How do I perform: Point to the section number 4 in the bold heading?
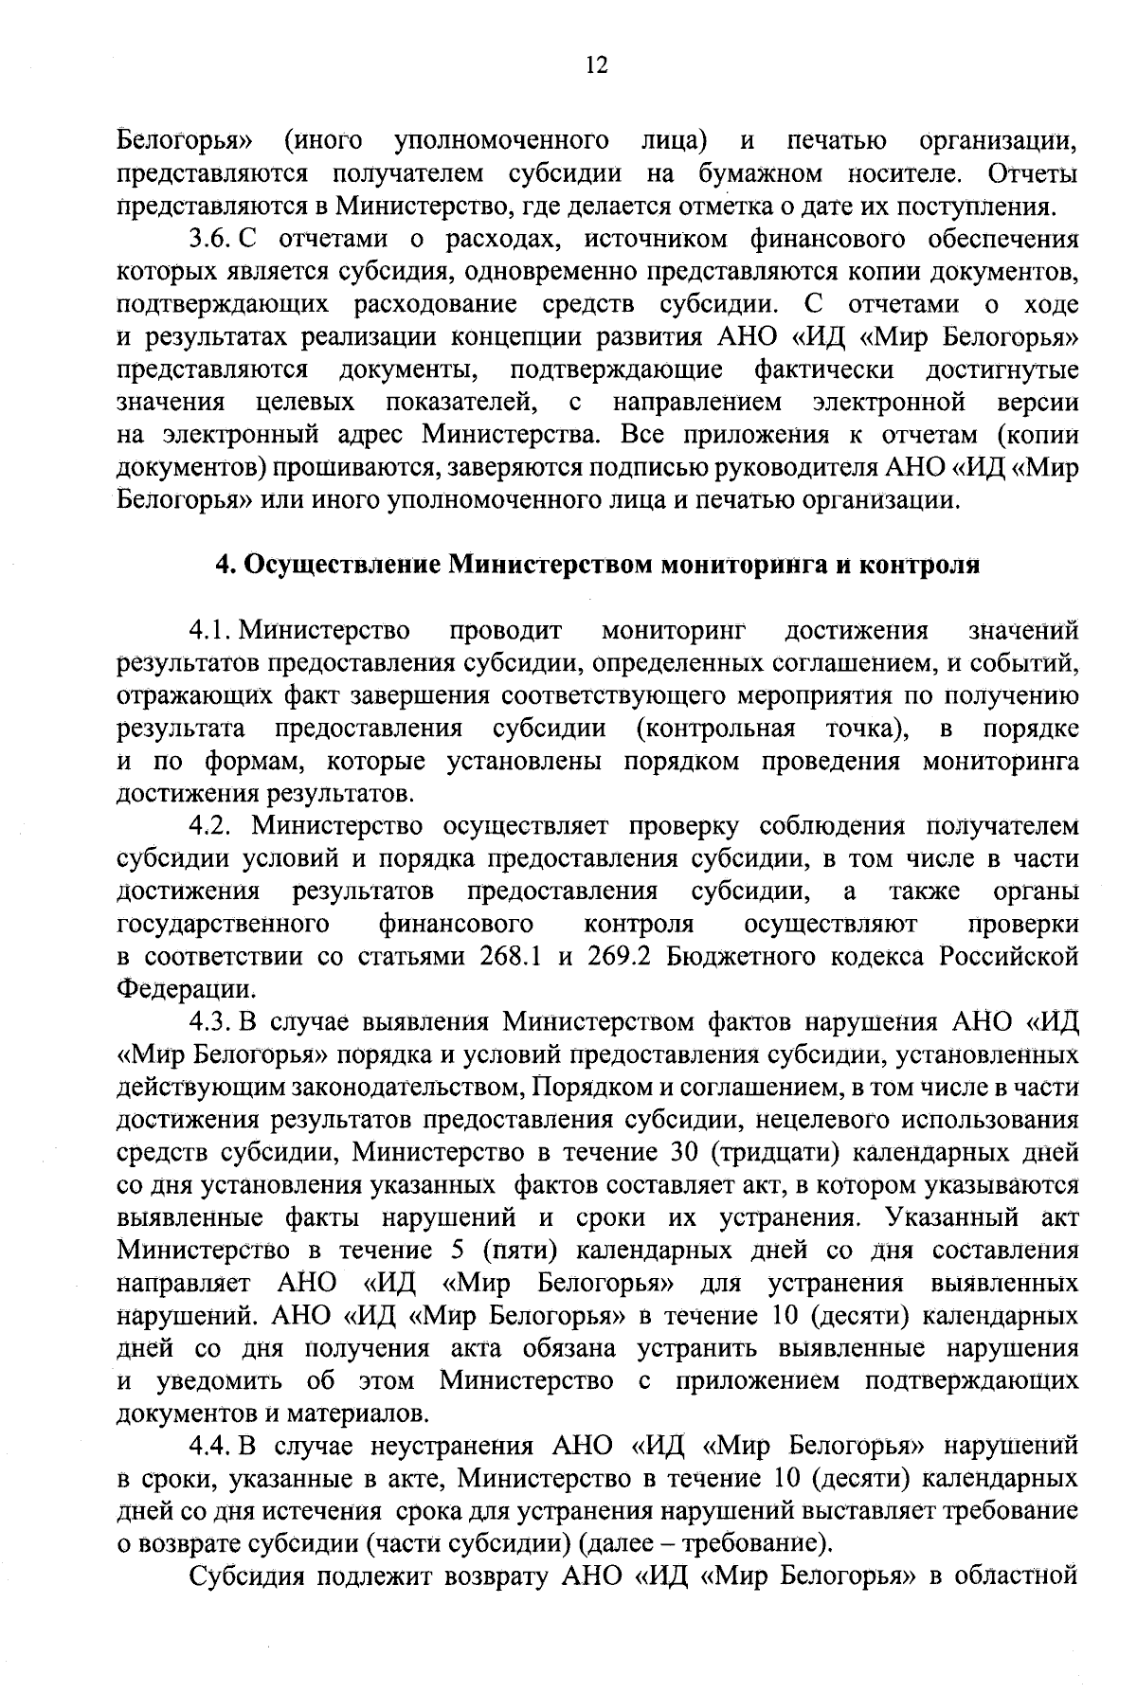(225, 566)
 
